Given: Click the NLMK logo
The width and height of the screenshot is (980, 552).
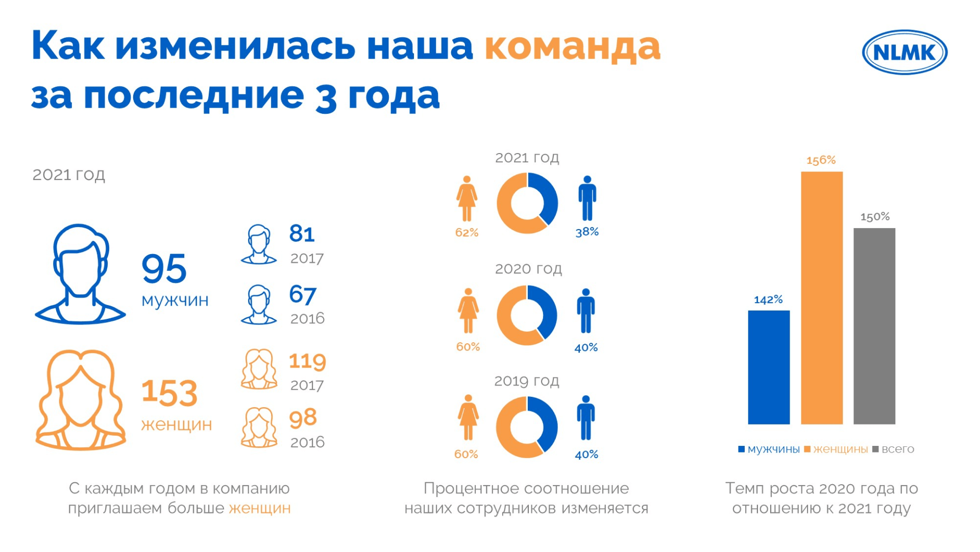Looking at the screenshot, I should (x=904, y=52).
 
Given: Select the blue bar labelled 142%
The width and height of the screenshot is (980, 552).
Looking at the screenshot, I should (x=769, y=367).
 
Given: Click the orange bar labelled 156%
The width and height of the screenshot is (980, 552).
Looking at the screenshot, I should (x=821, y=298).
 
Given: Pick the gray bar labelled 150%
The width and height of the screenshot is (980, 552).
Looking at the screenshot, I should (x=874, y=327).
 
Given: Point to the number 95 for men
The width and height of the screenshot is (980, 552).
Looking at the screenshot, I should (x=164, y=268).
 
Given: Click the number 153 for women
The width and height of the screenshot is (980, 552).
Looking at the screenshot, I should (x=169, y=393).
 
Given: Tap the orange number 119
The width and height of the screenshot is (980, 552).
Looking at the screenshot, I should (x=307, y=361).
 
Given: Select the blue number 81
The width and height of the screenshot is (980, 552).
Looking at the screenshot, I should (x=302, y=234).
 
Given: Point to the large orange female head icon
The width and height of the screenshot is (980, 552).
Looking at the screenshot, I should (x=81, y=400).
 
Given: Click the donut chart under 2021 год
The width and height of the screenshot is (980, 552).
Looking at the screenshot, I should (x=527, y=203).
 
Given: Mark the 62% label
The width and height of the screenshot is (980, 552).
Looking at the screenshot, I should (x=467, y=233).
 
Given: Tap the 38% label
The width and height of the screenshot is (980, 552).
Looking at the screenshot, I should (x=587, y=232).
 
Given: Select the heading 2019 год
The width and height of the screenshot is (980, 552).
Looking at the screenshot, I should (x=527, y=381).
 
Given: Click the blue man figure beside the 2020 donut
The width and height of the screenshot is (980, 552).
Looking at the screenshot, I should (x=586, y=311).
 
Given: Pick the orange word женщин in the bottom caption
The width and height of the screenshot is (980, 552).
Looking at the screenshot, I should (x=260, y=509).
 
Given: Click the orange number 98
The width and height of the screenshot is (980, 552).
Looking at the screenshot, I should (x=303, y=418).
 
